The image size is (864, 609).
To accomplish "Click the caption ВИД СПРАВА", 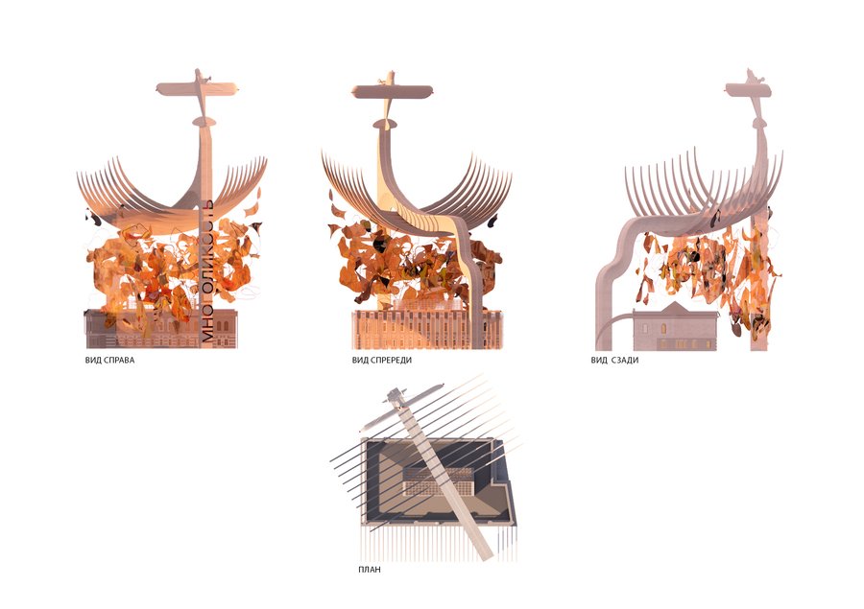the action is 109,360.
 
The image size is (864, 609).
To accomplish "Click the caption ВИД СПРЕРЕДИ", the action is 382,360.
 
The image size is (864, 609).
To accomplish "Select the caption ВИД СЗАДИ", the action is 614,360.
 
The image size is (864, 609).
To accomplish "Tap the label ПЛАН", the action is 370,570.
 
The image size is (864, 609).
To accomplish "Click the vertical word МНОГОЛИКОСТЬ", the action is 207,270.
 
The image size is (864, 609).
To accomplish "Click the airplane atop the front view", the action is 392,91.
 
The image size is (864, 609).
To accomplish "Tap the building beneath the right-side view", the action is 161,329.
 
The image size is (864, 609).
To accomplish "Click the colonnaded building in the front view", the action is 427,329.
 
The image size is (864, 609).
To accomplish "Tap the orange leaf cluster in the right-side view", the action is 171,265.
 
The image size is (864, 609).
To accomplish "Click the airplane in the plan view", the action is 401,403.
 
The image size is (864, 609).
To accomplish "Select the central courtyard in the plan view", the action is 439,480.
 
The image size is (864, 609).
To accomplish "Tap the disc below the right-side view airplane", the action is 204,121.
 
